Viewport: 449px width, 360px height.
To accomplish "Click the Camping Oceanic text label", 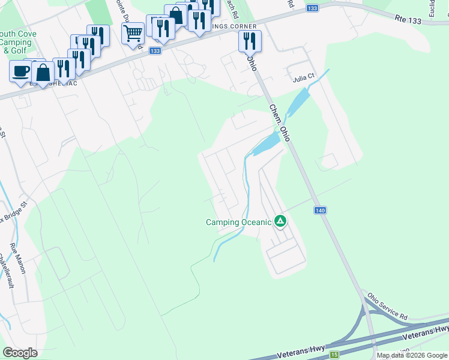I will click(x=238, y=222).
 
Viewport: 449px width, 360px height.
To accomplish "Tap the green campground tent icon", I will click(x=280, y=221).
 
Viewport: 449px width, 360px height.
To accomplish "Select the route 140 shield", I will click(x=320, y=210).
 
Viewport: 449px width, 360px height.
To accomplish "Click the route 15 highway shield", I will click(x=333, y=354).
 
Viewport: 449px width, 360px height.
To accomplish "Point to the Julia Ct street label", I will click(x=303, y=78).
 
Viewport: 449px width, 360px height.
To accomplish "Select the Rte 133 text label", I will click(x=408, y=20).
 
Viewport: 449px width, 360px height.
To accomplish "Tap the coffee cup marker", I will click(x=20, y=70).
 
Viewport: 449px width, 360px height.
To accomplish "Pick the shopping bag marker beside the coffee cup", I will click(x=44, y=71).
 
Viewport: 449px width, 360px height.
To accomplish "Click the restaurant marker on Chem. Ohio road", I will click(x=249, y=41).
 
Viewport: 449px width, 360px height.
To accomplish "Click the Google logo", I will click(x=20, y=352).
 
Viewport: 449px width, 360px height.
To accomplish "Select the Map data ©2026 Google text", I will click(x=412, y=355).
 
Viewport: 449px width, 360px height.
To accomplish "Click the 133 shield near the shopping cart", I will click(x=155, y=52).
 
